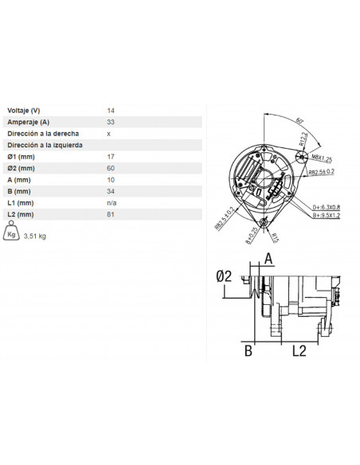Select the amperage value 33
click(110, 123)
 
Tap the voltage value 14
click(110, 111)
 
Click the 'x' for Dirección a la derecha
click(108, 134)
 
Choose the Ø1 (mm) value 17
click(110, 158)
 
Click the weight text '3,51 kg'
click(36, 236)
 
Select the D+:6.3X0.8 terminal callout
click(326, 206)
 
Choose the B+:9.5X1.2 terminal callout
click(326, 214)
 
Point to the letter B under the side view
click(247, 350)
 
